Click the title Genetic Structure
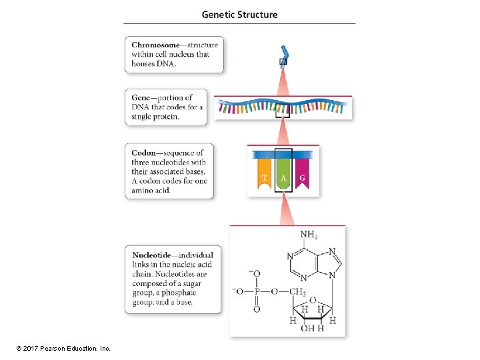coord(239,14)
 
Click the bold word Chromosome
coord(155,45)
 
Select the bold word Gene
coord(143,98)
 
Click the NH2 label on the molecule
coord(309,235)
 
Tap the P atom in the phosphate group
coord(257,291)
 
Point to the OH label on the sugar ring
coord(307,328)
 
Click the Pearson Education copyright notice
coord(58,348)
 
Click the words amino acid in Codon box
coord(151,190)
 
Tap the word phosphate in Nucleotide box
coord(182,293)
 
